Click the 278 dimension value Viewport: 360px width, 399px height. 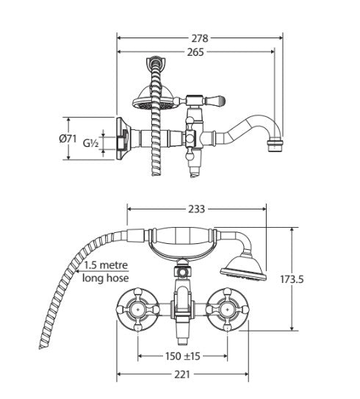tap(199, 37)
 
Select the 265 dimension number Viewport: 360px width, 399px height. tap(195, 52)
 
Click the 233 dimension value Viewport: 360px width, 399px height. tap(196, 209)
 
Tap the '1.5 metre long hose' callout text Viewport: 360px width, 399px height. tap(106, 272)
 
